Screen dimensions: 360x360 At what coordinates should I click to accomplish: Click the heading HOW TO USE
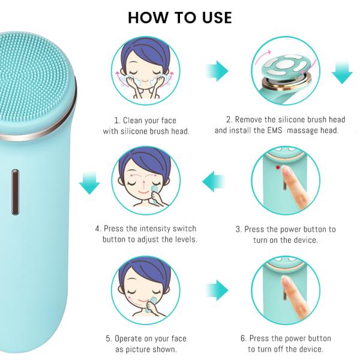180,17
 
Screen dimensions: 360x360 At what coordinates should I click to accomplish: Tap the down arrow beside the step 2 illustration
342,72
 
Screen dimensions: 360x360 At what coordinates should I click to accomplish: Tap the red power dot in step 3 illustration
277,168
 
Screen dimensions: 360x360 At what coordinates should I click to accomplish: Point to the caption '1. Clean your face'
152,119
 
